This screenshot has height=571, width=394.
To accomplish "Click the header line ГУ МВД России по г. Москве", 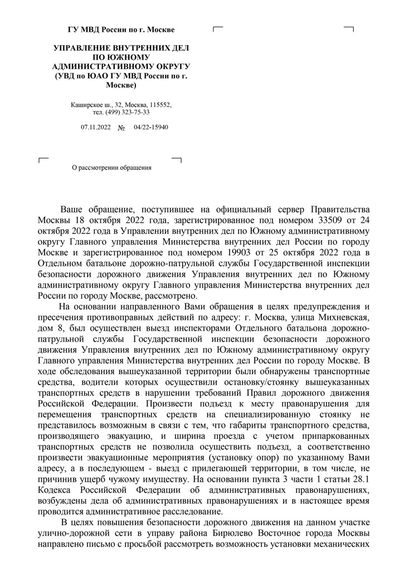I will point(121,30).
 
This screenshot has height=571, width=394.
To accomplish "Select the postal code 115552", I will point(160,104).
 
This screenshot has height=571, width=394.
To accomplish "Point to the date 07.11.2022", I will point(96,128).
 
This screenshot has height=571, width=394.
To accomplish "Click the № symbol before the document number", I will point(121,128).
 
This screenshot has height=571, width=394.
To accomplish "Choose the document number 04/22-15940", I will point(151,128).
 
